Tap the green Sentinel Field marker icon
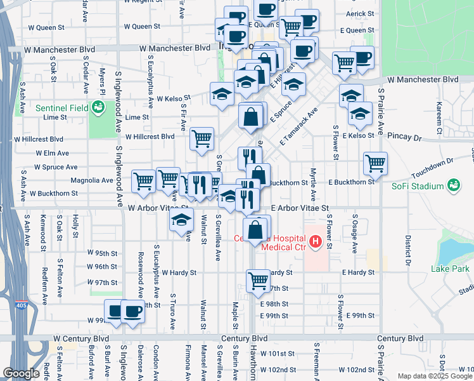coord(98,109)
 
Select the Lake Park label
coord(450,269)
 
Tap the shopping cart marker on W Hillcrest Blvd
coord(202,138)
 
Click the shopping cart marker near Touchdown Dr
coord(375,163)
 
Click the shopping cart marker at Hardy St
coord(258,279)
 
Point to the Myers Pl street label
coord(101,82)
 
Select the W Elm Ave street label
coord(53,153)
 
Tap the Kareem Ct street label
coord(438,114)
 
